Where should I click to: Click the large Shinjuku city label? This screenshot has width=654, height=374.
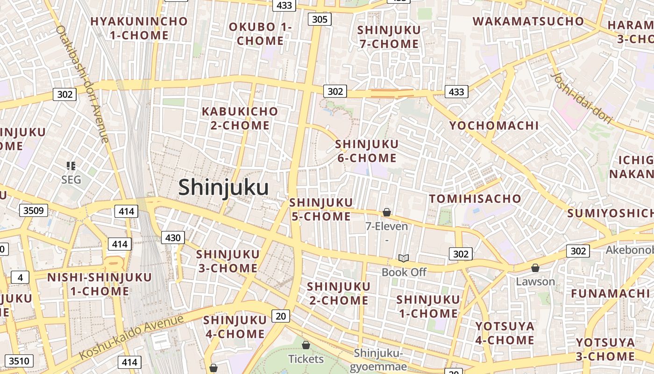pyautogui.click(x=223, y=187)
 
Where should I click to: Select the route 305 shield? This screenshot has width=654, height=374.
pyautogui.click(x=320, y=19)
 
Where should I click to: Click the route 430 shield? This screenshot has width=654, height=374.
pyautogui.click(x=173, y=237)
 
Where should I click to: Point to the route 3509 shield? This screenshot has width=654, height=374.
pyautogui.click(x=34, y=210)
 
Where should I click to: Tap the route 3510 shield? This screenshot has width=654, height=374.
pyautogui.click(x=19, y=361)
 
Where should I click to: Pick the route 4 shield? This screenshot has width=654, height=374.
pyautogui.click(x=20, y=277)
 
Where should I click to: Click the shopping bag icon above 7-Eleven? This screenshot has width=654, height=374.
pyautogui.click(x=387, y=212)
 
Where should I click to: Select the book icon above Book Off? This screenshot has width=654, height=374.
pyautogui.click(x=404, y=258)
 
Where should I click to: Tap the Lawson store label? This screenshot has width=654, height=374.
pyautogui.click(x=535, y=281)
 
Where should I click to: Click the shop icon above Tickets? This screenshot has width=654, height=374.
pyautogui.click(x=306, y=345)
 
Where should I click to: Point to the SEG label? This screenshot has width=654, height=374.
pyautogui.click(x=71, y=180)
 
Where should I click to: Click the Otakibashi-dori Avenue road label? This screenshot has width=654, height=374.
pyautogui.click(x=82, y=84)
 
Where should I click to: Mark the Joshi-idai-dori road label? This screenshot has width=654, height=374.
pyautogui.click(x=581, y=99)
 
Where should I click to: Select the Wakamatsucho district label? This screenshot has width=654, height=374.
pyautogui.click(x=528, y=21)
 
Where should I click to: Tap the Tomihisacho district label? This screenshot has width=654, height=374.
pyautogui.click(x=475, y=199)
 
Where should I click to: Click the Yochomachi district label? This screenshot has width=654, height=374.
pyautogui.click(x=494, y=125)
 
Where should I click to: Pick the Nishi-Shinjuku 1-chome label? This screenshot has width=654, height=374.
pyautogui.click(x=100, y=284)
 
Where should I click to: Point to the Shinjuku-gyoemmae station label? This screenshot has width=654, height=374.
pyautogui.click(x=378, y=360)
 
